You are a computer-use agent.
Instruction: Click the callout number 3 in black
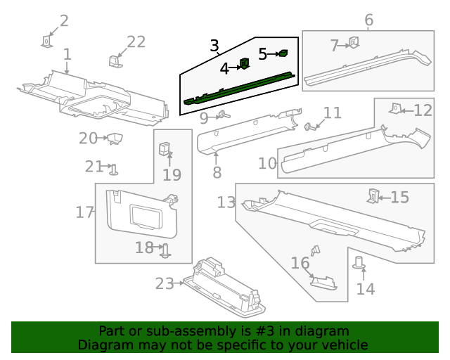click(214, 46)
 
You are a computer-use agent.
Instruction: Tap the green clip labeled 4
click(245, 64)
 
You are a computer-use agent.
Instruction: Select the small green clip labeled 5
click(283, 53)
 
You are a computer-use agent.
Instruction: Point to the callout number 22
click(136, 42)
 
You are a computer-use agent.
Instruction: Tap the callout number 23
click(165, 283)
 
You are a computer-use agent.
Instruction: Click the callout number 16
click(300, 263)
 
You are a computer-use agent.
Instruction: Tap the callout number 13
click(226, 203)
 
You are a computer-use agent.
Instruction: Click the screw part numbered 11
click(309, 127)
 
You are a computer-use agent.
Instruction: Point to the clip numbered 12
click(396, 108)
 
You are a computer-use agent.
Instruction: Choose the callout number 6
click(368, 20)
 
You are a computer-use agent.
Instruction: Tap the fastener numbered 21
click(114, 169)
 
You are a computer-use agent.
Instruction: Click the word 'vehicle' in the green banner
click(344, 345)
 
